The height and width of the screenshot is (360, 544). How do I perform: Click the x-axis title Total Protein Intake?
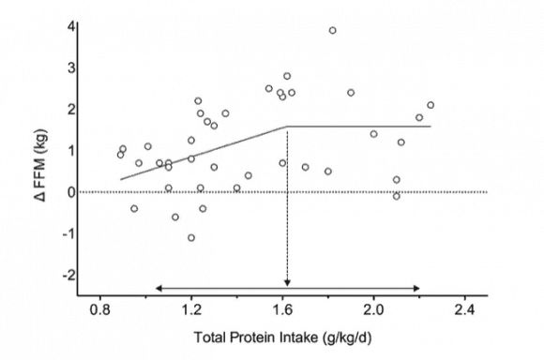point(286,337)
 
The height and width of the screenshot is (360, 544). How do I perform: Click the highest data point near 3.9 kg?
point(332,30)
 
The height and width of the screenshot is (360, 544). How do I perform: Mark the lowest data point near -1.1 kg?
point(191,237)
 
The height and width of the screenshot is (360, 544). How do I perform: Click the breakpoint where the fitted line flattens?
point(287,126)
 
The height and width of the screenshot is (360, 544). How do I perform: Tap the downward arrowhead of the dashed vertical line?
point(287,282)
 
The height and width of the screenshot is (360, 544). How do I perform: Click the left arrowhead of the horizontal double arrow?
point(159,287)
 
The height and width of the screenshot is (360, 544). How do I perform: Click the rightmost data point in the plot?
point(431,105)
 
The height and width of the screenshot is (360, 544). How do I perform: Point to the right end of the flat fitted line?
point(431,126)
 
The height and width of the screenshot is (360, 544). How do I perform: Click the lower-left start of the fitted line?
point(121,178)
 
